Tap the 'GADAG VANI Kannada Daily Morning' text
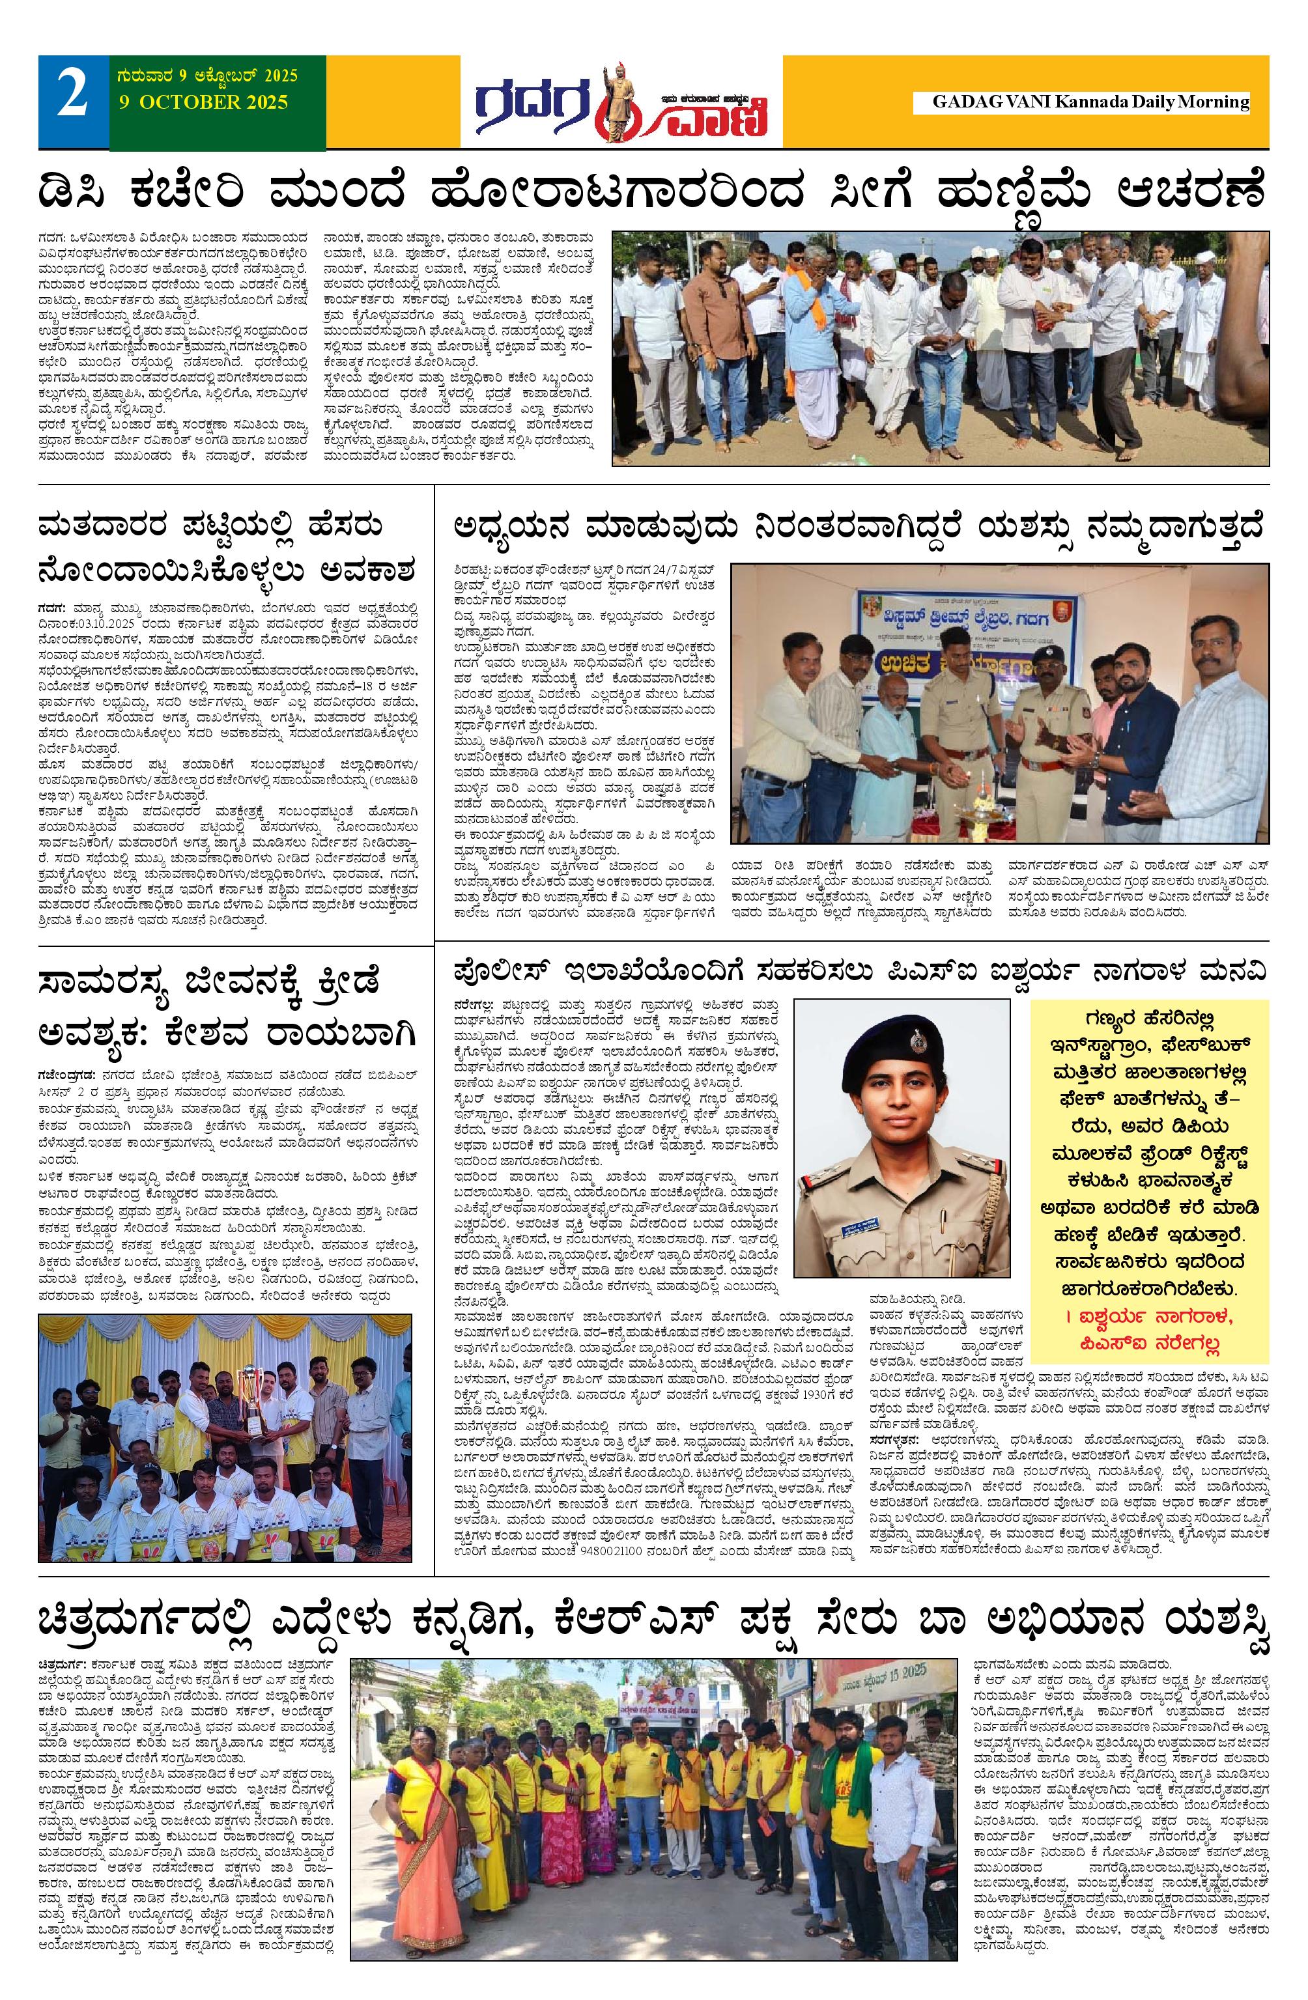tap(1090, 102)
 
